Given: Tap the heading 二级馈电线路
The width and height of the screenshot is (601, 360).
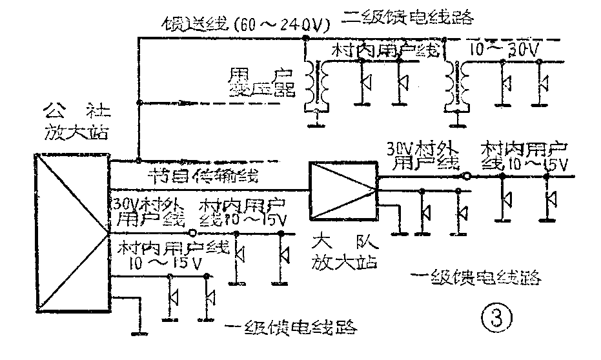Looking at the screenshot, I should coord(409,17).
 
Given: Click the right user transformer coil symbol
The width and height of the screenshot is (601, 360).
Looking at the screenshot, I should coord(456,80).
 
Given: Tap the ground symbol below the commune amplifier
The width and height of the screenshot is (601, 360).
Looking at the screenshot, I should coord(137,332).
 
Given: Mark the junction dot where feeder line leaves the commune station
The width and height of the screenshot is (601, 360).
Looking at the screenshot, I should coord(138,159).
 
